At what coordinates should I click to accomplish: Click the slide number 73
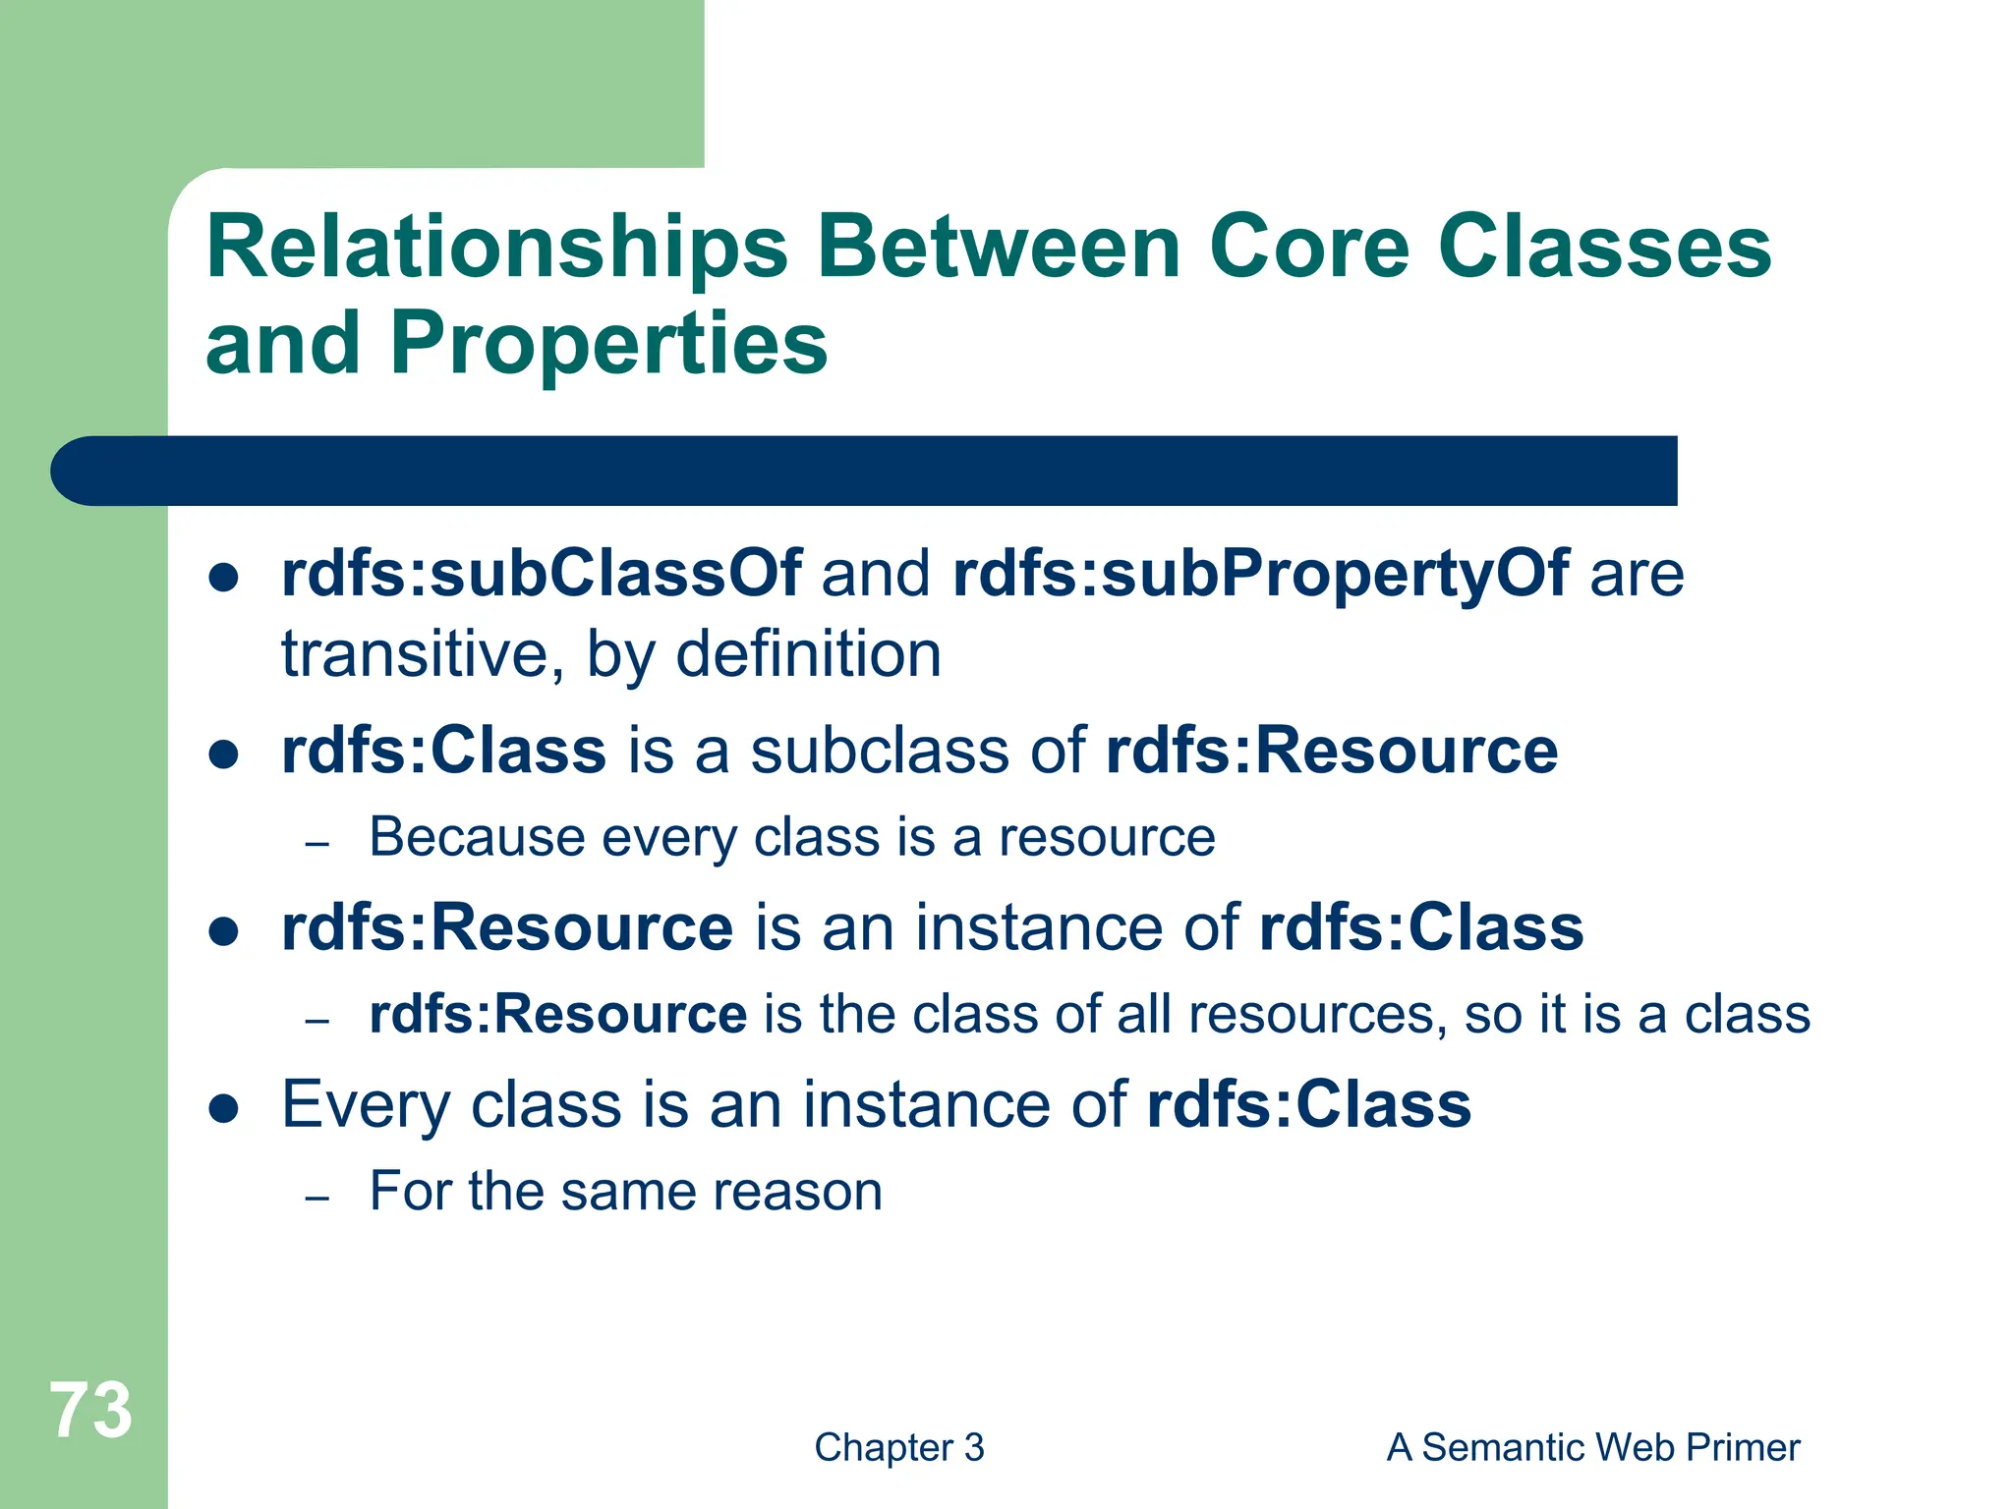pyautogui.click(x=90, y=1411)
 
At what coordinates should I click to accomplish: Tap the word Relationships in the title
pyautogui.click(x=496, y=248)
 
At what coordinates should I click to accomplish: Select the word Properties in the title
pyautogui.click(x=608, y=344)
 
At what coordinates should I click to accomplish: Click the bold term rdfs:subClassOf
pyautogui.click(x=541, y=574)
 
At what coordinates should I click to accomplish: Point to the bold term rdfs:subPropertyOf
pyautogui.click(x=1260, y=574)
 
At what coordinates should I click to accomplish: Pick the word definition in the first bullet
pyautogui.click(x=808, y=654)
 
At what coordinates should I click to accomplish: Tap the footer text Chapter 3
pyautogui.click(x=898, y=1448)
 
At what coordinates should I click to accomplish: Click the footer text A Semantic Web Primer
pyautogui.click(x=1592, y=1448)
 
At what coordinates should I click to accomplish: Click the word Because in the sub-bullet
pyautogui.click(x=477, y=838)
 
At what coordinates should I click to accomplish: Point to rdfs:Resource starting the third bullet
pyautogui.click(x=506, y=928)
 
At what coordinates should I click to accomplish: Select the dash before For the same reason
pyautogui.click(x=316, y=1199)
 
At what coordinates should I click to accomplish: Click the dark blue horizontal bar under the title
pyautogui.click(x=865, y=471)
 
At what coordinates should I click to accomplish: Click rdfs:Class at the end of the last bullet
pyautogui.click(x=1308, y=1105)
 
